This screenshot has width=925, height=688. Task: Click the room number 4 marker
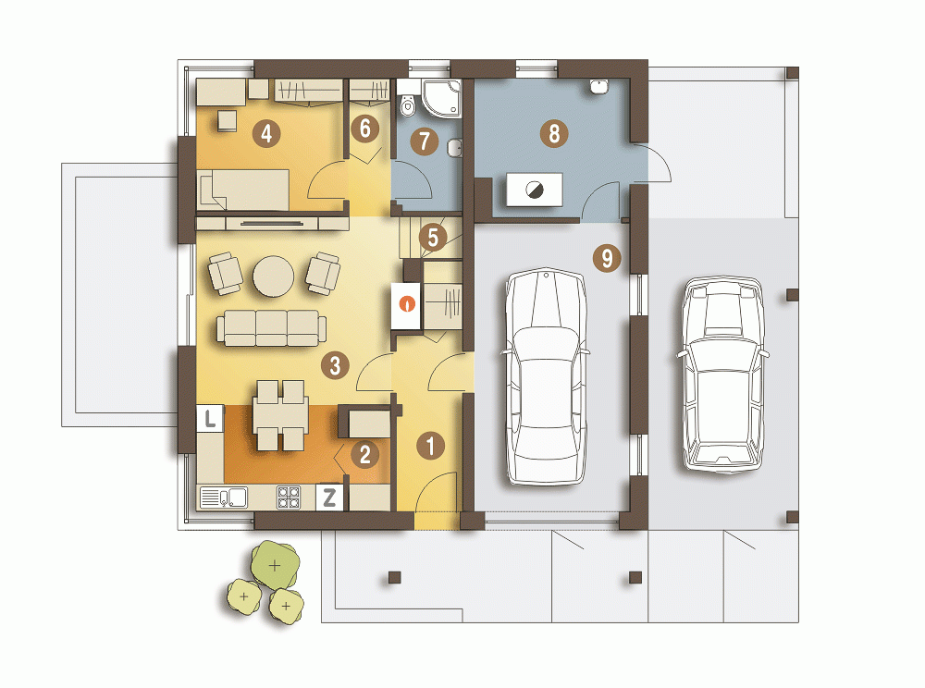click(266, 134)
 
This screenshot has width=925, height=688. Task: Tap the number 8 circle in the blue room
click(554, 133)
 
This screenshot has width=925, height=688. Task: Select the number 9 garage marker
click(607, 258)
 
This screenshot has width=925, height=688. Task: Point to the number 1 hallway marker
click(431, 446)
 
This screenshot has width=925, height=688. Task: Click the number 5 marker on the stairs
click(433, 237)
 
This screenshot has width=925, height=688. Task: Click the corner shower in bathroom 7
click(441, 98)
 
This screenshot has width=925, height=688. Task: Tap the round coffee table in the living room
click(274, 275)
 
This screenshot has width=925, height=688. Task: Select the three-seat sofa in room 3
click(271, 328)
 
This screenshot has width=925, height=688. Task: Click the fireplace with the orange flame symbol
click(406, 305)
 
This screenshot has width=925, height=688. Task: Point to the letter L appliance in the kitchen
click(210, 419)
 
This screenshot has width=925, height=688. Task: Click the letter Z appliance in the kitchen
click(330, 498)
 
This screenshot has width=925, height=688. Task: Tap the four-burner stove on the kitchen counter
click(289, 498)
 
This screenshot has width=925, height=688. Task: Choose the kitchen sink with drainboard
click(224, 498)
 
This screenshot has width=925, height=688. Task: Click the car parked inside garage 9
click(547, 377)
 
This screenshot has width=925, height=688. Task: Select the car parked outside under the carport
click(723, 375)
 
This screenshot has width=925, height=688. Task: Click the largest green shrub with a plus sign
click(275, 565)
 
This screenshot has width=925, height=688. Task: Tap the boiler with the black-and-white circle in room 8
click(535, 190)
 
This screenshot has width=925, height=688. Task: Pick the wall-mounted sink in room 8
click(598, 86)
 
